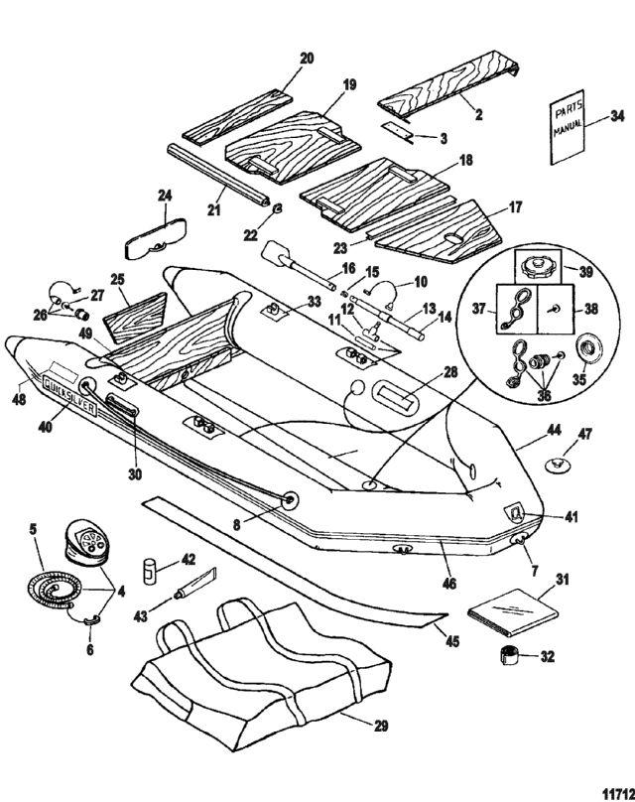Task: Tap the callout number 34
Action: [x=616, y=116]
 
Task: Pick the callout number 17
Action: [x=486, y=208]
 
